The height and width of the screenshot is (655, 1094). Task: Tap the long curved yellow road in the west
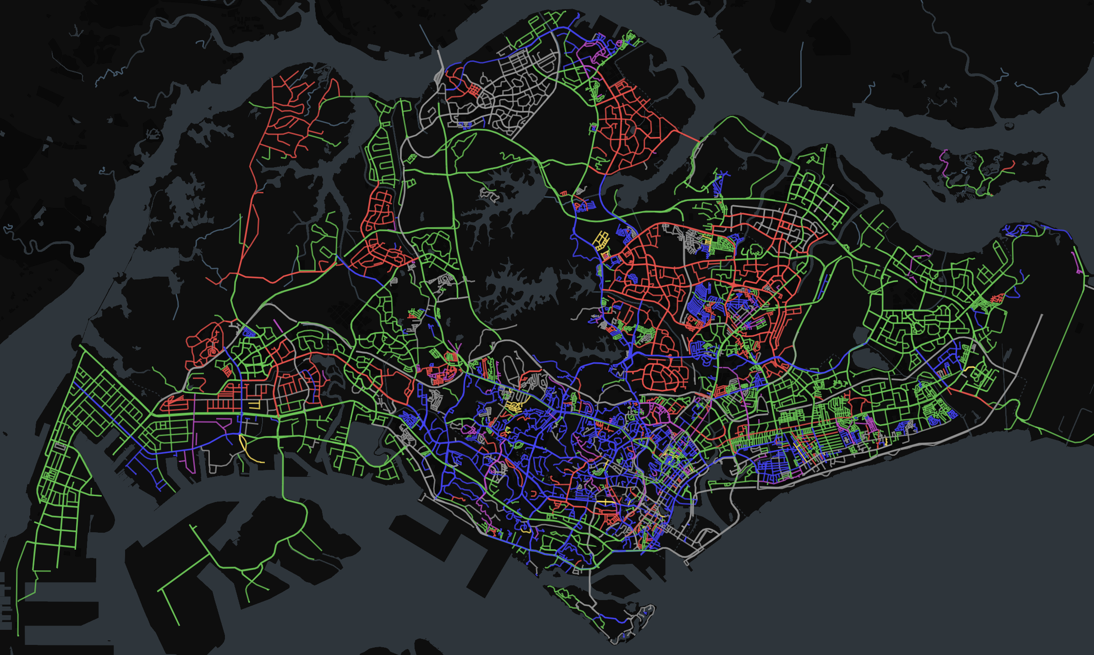pyautogui.click(x=247, y=451)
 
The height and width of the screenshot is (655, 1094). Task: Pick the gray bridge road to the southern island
pyautogui.click(x=590, y=586)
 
